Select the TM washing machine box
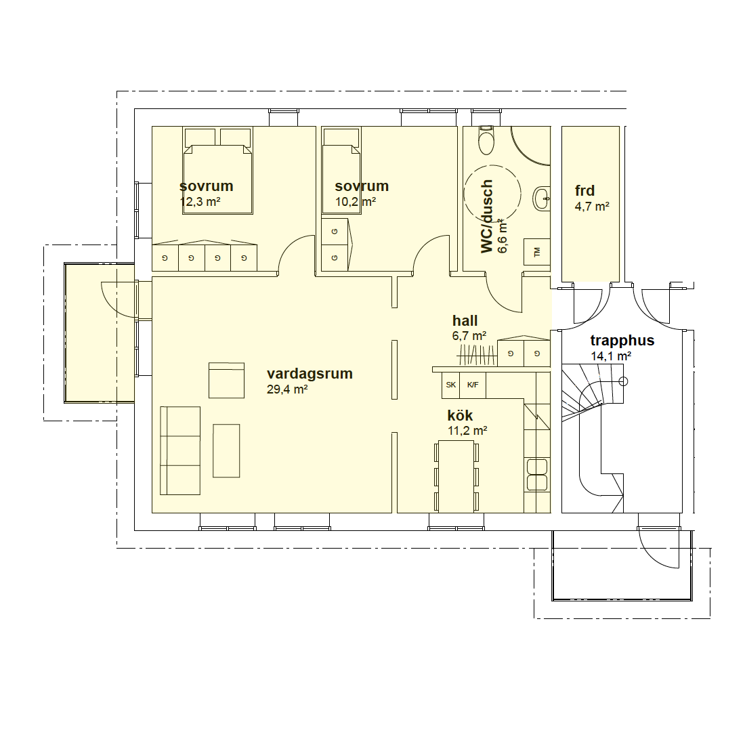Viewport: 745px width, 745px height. [x=537, y=252]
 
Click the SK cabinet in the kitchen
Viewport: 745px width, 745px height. [x=451, y=385]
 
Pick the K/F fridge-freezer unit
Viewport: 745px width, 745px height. [x=473, y=385]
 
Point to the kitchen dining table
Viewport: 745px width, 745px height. [x=456, y=477]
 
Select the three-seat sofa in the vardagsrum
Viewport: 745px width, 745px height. [x=180, y=450]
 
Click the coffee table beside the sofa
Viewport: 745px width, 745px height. [x=226, y=450]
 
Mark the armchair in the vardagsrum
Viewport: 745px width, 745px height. [x=227, y=380]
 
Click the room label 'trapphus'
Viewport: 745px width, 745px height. [x=622, y=340]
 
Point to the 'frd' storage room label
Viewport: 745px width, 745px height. [x=584, y=190]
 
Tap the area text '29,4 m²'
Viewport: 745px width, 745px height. [x=287, y=389]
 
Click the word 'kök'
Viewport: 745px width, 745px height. [x=460, y=415]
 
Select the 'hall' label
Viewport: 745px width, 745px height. [x=465, y=321]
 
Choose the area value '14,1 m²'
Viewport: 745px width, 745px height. [x=610, y=356]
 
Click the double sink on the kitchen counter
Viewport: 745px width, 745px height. [x=537, y=474]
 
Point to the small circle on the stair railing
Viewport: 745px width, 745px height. [x=623, y=381]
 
